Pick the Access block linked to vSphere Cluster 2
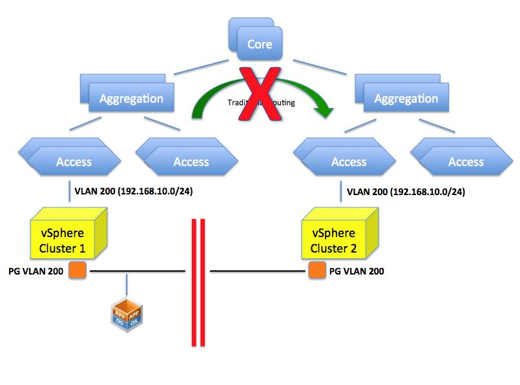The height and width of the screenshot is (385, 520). coord(349,161)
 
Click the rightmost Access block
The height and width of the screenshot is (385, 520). coord(466,161)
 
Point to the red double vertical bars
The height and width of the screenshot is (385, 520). coord(198,283)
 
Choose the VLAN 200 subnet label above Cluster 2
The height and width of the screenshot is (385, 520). coord(406,192)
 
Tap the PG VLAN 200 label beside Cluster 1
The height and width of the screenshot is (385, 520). coord(35,271)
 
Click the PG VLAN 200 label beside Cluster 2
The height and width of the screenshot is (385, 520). coord(357,271)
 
